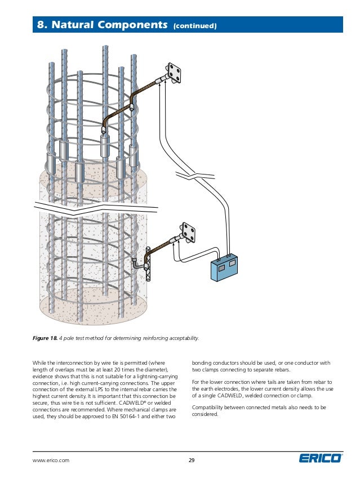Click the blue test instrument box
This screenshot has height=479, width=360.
coord(224,268)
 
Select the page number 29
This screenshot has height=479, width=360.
coord(192,460)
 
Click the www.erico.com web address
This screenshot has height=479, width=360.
coord(51,460)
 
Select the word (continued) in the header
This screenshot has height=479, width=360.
coord(195,25)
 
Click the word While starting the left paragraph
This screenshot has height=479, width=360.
coord(41,362)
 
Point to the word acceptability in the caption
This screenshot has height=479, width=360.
coord(180,338)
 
